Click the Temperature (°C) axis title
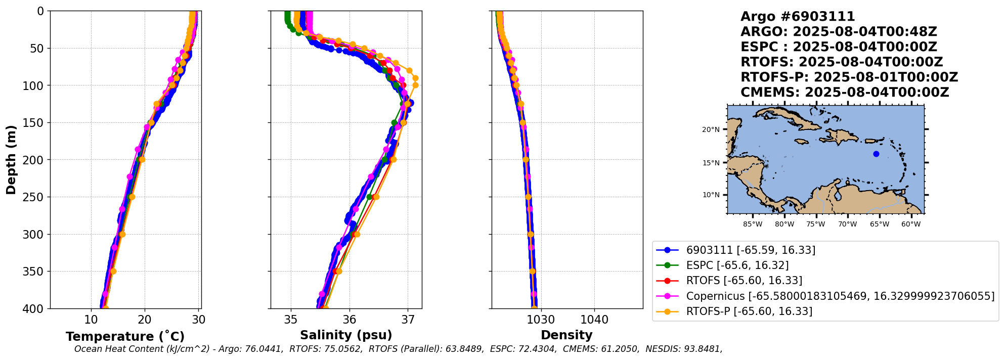click(125, 337)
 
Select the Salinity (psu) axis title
click(346, 335)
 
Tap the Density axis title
click(566, 335)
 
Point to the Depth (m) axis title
click(11, 160)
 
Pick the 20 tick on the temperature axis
click(145, 320)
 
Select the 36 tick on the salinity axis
click(349, 320)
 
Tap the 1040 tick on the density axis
click(594, 320)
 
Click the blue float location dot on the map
click(876, 154)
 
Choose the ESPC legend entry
click(737, 265)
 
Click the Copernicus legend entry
click(840, 296)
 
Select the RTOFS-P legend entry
click(749, 311)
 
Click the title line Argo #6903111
click(798, 17)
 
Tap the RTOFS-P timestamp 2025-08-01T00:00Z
click(886, 77)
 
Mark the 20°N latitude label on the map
click(711, 130)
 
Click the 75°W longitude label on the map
click(815, 224)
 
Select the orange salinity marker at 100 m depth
click(415, 85)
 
